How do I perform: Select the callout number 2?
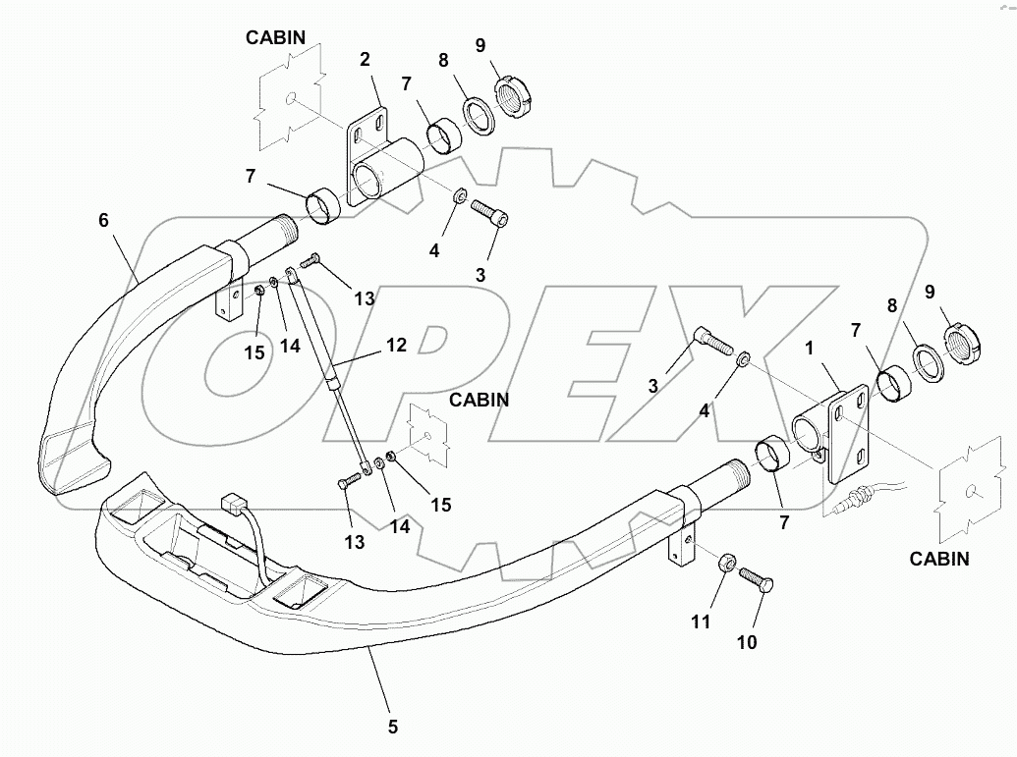(x=365, y=60)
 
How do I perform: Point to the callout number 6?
(x=103, y=220)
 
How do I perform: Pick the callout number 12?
(x=395, y=345)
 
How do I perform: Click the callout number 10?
(x=747, y=642)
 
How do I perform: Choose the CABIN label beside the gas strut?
(x=479, y=400)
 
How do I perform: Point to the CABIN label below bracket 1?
(x=938, y=560)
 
